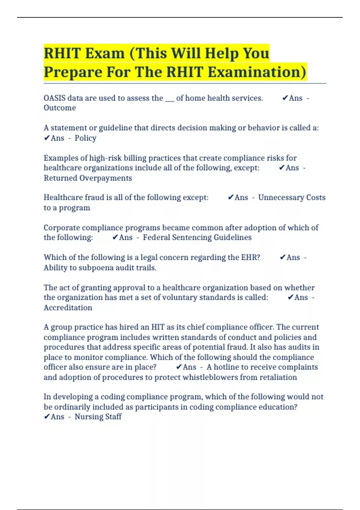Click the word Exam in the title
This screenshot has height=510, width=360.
coord(105,53)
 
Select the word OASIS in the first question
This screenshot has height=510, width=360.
coord(54,98)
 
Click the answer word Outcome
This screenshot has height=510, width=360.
coord(60,108)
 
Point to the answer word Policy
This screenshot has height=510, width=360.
coord(85,138)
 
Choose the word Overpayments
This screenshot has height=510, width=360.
coord(106,178)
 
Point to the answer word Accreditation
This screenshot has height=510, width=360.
coord(68,308)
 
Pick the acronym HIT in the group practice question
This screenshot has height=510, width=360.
coord(158,327)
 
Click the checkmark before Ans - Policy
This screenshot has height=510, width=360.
coord(47,138)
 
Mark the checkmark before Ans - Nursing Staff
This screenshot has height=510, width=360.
coord(47,417)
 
